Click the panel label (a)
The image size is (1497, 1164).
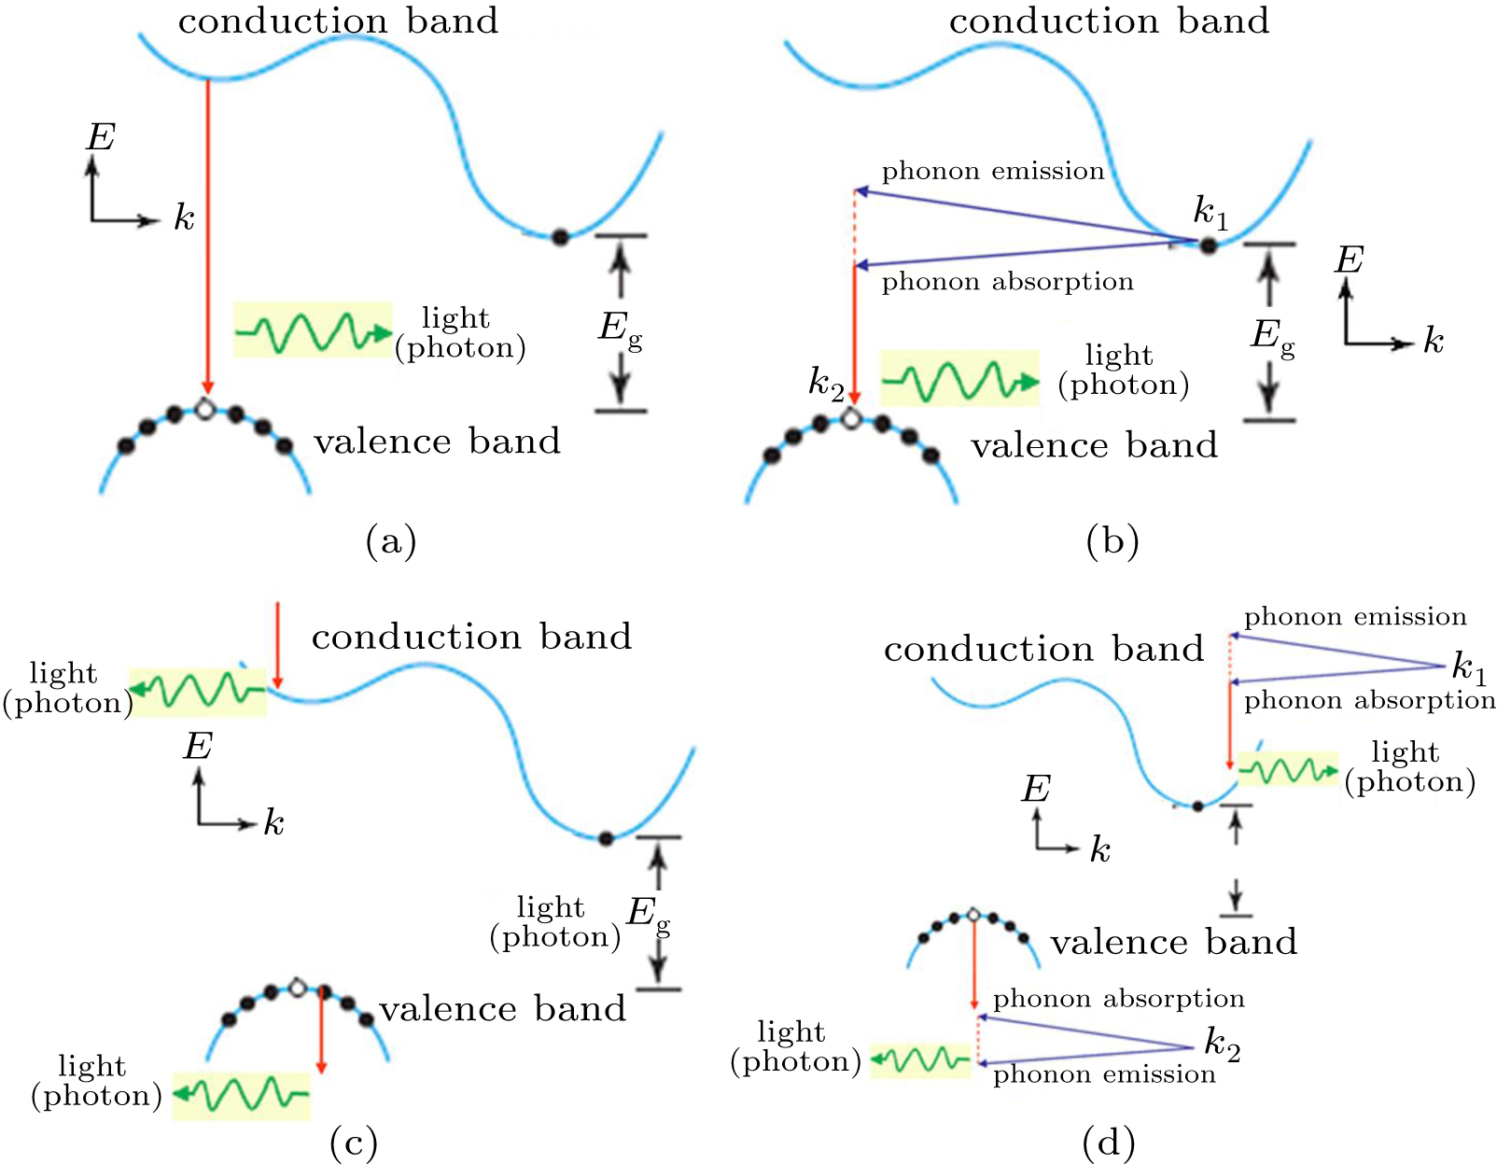click(391, 541)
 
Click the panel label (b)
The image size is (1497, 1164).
click(1112, 541)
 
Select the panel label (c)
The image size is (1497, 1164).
click(354, 1143)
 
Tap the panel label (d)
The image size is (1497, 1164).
click(1109, 1143)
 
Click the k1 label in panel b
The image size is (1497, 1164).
click(1210, 213)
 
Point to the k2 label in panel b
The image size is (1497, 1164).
click(826, 383)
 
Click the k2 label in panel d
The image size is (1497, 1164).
click(1222, 1044)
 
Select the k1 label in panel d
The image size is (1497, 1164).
click(1469, 667)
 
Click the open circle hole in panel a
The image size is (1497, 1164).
click(205, 408)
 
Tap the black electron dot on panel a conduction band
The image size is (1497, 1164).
click(559, 237)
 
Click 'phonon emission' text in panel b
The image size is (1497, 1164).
click(993, 171)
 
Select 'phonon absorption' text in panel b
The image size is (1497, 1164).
click(1007, 281)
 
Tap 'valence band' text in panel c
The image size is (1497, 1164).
click(502, 1009)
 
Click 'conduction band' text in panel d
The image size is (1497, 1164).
click(1043, 649)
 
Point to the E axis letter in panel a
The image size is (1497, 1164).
click(100, 138)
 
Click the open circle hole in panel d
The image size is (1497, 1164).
click(973, 915)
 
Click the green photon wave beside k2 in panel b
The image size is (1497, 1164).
click(959, 379)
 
